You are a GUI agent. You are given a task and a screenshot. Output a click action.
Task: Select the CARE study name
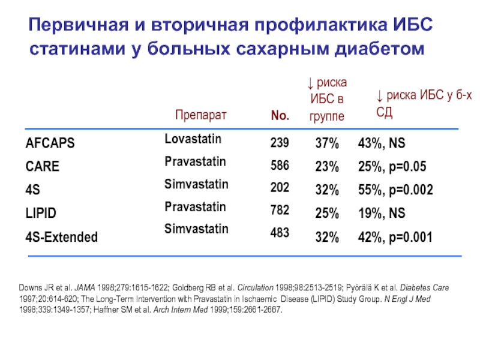(x=43, y=167)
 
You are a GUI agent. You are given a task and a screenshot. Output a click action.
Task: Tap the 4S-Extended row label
(x=62, y=237)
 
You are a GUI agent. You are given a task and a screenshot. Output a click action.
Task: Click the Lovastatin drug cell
(x=193, y=139)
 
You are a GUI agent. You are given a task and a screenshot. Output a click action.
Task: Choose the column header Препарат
(x=201, y=115)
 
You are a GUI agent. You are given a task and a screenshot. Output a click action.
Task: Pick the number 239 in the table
(x=280, y=143)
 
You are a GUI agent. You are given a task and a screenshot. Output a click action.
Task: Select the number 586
(x=280, y=166)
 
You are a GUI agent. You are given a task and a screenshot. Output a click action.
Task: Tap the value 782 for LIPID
(x=280, y=210)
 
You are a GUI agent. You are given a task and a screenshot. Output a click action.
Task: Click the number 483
(x=280, y=232)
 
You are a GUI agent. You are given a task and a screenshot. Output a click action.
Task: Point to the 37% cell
(x=327, y=144)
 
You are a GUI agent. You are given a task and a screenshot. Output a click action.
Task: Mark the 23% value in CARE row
(x=327, y=167)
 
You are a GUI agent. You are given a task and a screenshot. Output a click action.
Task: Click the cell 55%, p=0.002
(x=395, y=190)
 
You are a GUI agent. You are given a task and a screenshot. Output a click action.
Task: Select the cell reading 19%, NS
(x=382, y=214)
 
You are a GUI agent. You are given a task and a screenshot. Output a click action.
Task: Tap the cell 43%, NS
(x=382, y=144)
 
